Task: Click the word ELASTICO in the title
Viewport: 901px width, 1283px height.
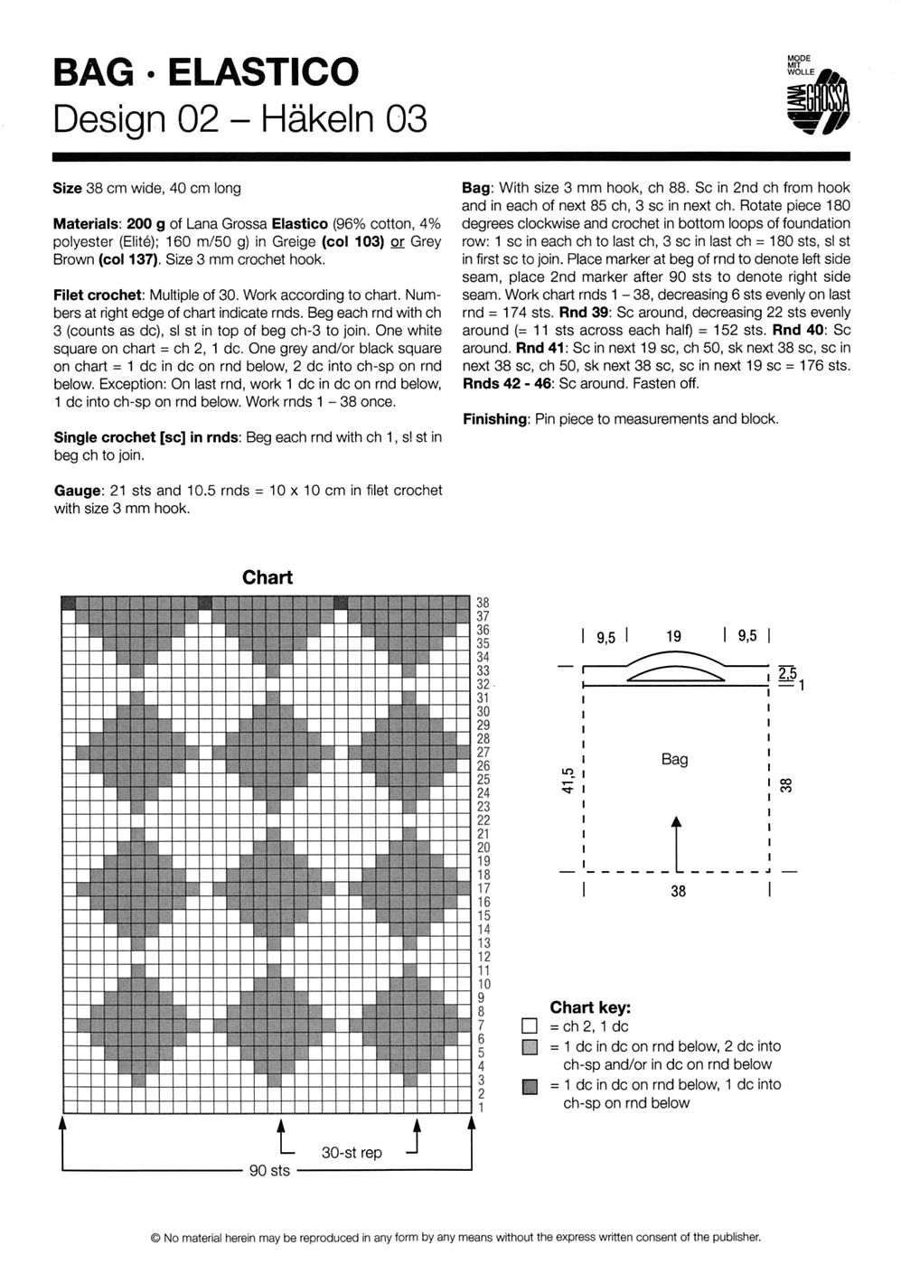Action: tap(263, 72)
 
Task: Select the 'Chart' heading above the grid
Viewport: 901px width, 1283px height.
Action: tap(267, 578)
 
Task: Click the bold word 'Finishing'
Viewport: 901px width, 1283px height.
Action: tap(494, 419)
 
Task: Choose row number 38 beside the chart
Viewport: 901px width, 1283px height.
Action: tap(483, 603)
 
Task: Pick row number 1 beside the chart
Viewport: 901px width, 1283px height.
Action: tap(482, 1107)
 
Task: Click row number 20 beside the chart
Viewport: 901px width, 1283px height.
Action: tap(483, 848)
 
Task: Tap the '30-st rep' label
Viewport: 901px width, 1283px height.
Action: tap(352, 1153)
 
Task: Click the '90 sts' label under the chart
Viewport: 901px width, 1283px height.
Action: tap(269, 1171)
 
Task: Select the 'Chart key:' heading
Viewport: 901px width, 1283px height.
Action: tap(590, 1007)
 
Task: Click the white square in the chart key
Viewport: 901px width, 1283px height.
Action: tap(530, 1027)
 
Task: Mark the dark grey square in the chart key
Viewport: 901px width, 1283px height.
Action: tap(530, 1085)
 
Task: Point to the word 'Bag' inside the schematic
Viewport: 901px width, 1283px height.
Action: tap(674, 759)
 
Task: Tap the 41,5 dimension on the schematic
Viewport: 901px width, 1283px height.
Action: tap(568, 780)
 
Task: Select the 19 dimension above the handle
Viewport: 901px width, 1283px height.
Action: tap(674, 637)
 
